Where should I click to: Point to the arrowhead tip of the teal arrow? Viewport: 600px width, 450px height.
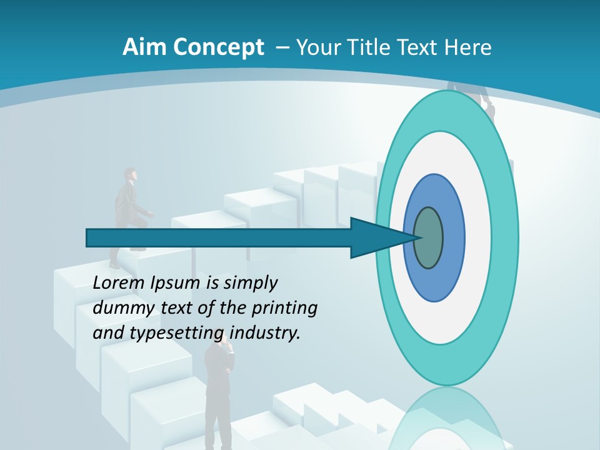[x=417, y=237]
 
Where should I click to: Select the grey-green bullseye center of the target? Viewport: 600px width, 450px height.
[x=428, y=237]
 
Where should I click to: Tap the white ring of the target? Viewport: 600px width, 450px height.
[x=478, y=237]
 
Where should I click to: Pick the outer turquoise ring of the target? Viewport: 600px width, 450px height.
[x=505, y=237]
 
